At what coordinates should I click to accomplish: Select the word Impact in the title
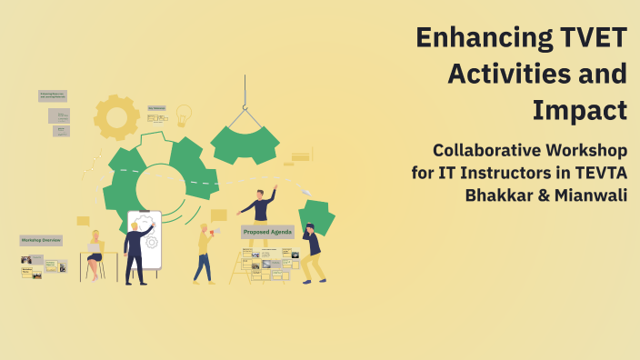(580, 109)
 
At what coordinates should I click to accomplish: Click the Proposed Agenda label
(267, 233)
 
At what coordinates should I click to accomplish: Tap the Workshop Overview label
(41, 240)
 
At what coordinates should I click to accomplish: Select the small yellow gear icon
(116, 115)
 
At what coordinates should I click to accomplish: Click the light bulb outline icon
(184, 115)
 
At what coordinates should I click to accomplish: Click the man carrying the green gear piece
(312, 252)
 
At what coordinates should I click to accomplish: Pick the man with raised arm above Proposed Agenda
(261, 205)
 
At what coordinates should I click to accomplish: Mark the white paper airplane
(306, 192)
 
